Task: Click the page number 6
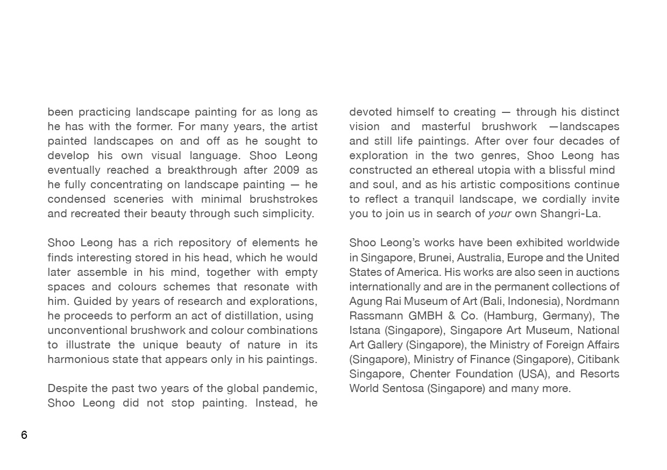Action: coord(24,435)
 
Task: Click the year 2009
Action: coord(286,170)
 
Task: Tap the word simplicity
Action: coord(288,213)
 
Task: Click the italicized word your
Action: coord(499,213)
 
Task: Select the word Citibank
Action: coord(598,359)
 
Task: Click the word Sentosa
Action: coord(403,388)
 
